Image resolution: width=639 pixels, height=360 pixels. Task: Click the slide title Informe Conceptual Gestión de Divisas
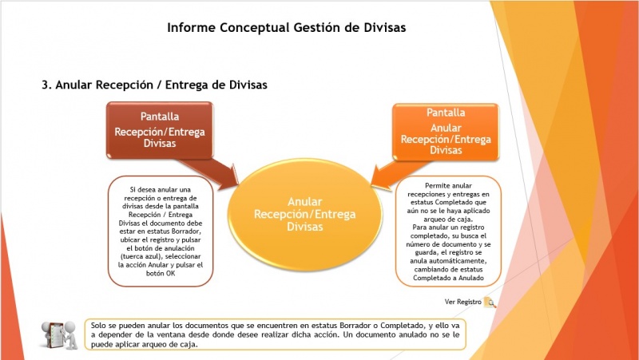(x=287, y=27)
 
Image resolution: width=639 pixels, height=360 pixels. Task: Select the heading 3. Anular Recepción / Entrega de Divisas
(x=154, y=85)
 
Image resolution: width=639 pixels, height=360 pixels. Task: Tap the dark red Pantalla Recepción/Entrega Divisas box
(x=160, y=130)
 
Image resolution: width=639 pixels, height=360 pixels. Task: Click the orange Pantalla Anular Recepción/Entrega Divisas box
(x=446, y=132)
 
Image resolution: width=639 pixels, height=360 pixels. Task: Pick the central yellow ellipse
(x=305, y=214)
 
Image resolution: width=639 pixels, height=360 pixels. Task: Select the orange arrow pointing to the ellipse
(x=397, y=174)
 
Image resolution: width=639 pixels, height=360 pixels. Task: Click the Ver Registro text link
(x=463, y=302)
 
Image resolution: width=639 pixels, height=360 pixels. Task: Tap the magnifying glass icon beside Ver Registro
(x=490, y=303)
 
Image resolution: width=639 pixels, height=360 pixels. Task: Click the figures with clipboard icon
(x=59, y=334)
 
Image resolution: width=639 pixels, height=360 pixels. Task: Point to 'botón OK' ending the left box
(x=161, y=273)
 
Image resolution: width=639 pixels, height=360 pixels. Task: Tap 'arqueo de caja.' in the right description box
(x=448, y=219)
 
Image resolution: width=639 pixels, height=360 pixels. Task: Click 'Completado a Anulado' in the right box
(x=448, y=278)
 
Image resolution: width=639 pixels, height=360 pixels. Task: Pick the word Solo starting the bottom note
(x=97, y=326)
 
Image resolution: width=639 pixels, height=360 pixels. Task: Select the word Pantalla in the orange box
(x=446, y=113)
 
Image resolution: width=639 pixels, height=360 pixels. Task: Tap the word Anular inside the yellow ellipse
(x=305, y=202)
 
